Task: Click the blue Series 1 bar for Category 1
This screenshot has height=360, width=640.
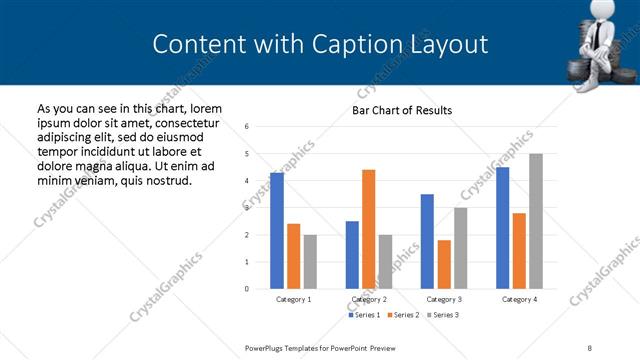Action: (277, 231)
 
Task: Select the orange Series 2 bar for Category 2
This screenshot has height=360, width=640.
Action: (368, 229)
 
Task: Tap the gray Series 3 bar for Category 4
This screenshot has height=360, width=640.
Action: (535, 221)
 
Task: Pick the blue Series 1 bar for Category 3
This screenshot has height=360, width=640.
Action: (427, 241)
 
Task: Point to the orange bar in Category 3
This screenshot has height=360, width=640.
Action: (444, 264)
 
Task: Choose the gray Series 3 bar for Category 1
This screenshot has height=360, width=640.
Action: (310, 261)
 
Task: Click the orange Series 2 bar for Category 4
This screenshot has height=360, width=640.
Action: (519, 251)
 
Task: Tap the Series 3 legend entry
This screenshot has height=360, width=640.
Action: (443, 315)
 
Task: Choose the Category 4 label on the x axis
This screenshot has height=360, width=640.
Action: (519, 299)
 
